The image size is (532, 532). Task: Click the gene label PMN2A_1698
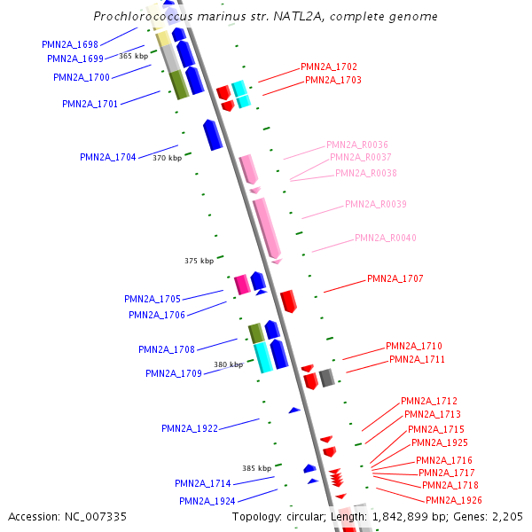(x=69, y=43)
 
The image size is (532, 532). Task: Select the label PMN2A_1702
(x=329, y=66)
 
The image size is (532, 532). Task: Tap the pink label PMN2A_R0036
(x=357, y=145)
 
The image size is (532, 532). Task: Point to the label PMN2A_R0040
(x=386, y=238)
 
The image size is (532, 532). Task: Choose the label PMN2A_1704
(x=108, y=157)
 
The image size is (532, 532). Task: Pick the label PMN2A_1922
(x=190, y=428)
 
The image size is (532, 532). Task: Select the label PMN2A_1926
(x=454, y=500)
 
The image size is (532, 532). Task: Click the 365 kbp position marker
(x=133, y=56)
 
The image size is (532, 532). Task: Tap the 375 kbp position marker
(x=199, y=261)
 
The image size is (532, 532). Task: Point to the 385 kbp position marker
(x=257, y=467)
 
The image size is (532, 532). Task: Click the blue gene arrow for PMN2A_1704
(x=213, y=135)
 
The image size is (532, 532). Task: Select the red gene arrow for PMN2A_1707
(x=289, y=301)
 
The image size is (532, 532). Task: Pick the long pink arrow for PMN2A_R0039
(x=267, y=229)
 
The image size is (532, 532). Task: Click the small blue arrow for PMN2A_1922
(x=295, y=410)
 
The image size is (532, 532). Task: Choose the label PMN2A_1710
(x=414, y=346)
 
